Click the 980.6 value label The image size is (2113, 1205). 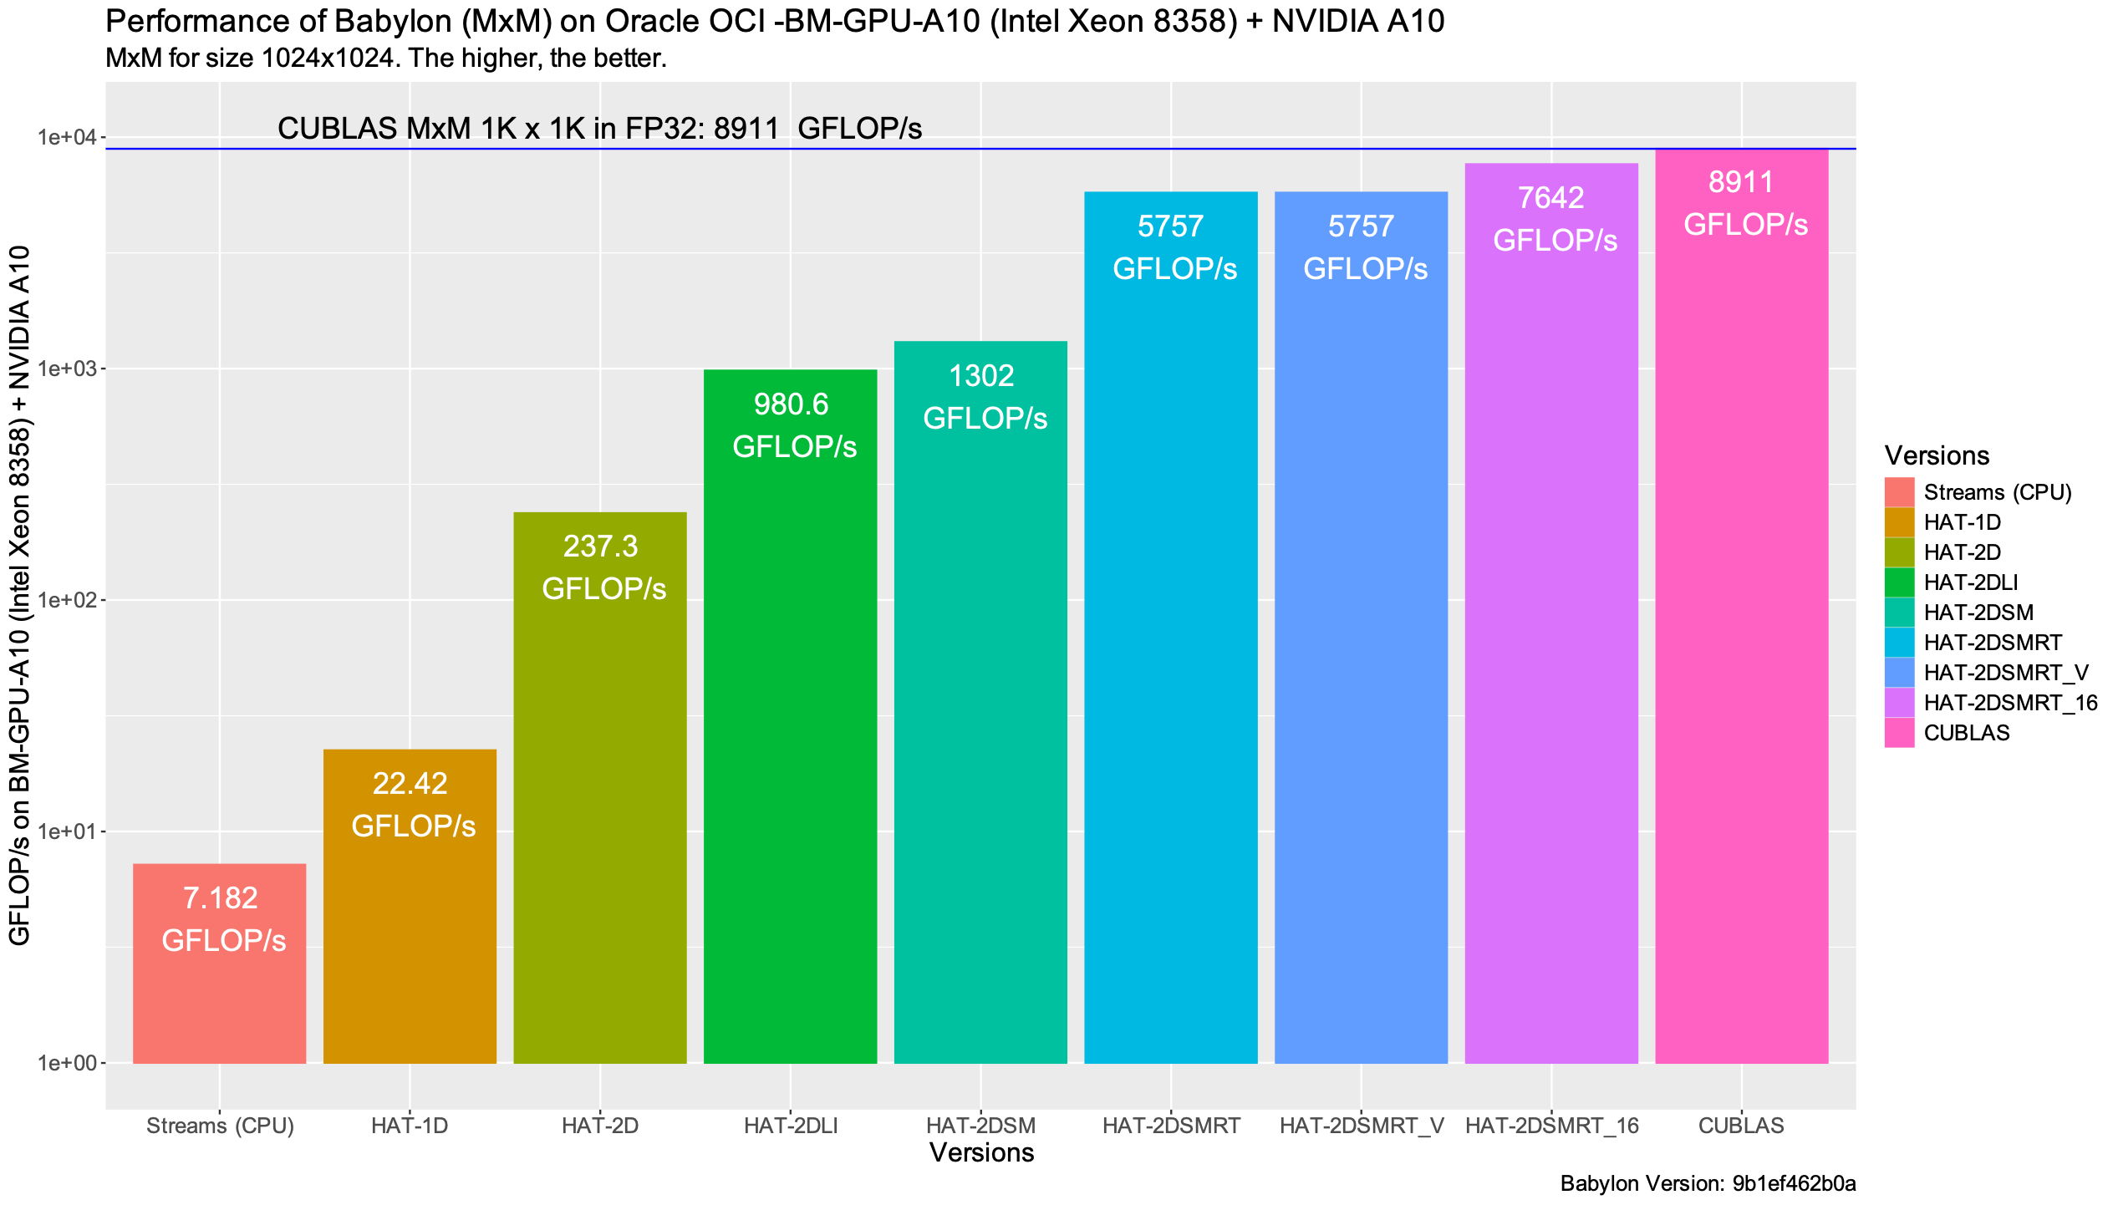[791, 404]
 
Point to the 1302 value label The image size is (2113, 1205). [981, 376]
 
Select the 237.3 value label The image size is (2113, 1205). [600, 547]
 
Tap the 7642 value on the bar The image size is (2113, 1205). [1550, 198]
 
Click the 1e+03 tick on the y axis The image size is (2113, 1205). [68, 369]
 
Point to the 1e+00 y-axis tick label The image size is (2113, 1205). [68, 1063]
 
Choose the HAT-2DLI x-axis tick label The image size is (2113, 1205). [791, 1126]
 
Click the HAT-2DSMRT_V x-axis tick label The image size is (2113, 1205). [1361, 1126]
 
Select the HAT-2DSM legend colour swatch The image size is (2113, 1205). [1899, 613]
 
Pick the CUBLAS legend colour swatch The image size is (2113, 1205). [1899, 733]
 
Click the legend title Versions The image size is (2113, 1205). [1937, 455]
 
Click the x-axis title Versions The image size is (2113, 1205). [981, 1152]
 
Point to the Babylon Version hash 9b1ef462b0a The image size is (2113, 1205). [1794, 1183]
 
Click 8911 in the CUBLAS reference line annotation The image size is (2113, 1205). [746, 128]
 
